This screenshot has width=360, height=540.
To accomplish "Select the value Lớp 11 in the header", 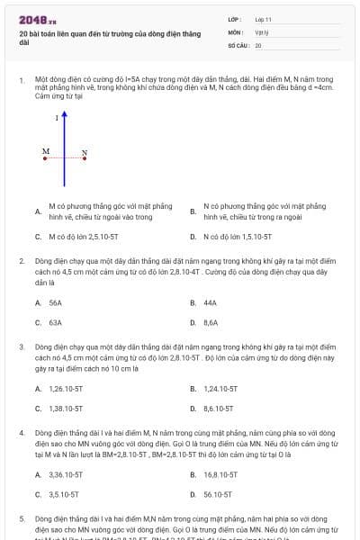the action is coord(263,19).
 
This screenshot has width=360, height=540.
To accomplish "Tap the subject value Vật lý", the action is coord(262,31).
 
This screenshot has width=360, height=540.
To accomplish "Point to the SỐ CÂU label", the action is coord(238,45).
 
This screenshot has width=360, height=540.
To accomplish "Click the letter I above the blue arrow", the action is coord(57,118).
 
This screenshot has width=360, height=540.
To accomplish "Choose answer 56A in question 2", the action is coord(55,303).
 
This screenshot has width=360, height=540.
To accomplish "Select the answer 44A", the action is coord(211,303).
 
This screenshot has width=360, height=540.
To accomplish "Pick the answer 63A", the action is coord(55,322).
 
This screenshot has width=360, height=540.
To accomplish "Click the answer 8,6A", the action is coord(211,322).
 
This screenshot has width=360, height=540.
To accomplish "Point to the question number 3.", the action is coord(22,346).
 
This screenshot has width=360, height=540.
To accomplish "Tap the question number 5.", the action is coord(22,519).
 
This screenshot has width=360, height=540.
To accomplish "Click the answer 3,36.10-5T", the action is coord(66,474).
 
